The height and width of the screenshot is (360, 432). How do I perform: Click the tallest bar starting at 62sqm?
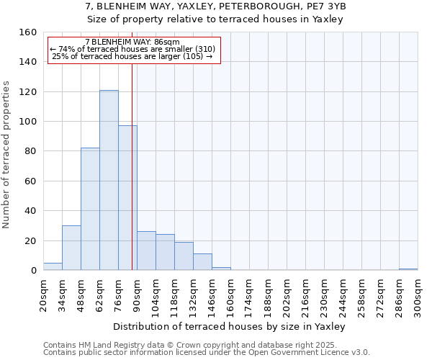tap(109, 180)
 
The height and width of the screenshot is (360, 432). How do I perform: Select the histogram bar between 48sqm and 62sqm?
tap(90, 209)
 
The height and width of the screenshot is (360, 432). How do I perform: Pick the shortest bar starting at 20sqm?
tap(53, 266)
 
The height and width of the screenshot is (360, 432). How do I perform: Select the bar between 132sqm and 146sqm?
tap(202, 262)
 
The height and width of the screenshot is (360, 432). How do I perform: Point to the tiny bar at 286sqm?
tap(408, 269)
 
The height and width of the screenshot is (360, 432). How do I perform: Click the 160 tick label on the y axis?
tap(28, 32)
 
